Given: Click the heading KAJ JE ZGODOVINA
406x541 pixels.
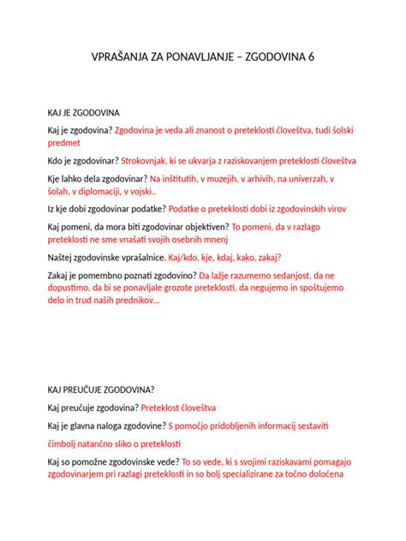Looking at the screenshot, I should point(84,112).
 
